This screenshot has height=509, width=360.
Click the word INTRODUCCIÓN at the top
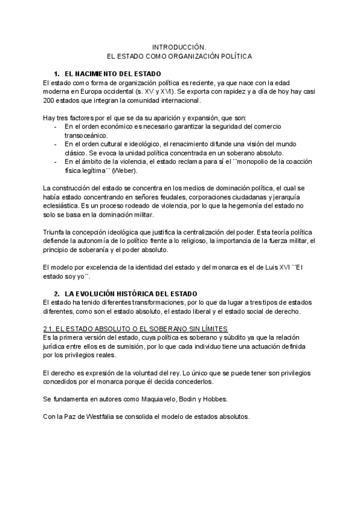179,46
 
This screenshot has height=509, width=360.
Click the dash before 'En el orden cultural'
56,145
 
